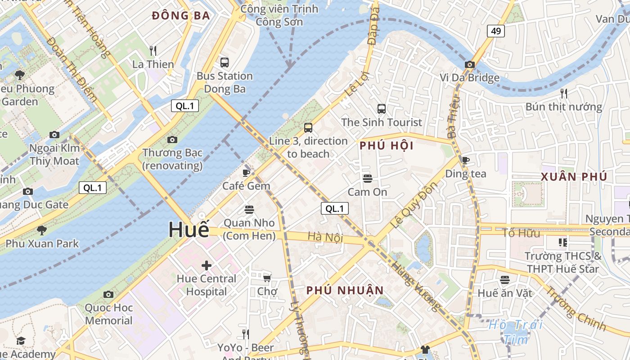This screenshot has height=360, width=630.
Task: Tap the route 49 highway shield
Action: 495,31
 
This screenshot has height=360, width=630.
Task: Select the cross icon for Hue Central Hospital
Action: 206,265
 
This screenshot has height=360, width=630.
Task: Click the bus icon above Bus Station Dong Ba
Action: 224,63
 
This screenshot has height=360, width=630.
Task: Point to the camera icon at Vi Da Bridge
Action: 469,64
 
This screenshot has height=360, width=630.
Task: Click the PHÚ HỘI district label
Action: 387,146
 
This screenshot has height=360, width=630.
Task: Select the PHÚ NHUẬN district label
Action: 345,290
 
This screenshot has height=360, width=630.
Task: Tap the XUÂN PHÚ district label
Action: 574,176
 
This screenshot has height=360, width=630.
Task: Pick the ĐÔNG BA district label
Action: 181,16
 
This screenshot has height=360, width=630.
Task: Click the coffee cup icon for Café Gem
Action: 246,173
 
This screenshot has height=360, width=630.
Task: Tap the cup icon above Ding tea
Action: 465,160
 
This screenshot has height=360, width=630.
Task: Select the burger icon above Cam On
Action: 367,179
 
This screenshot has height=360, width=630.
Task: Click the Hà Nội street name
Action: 325,237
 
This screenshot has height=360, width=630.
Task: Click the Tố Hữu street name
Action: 521,233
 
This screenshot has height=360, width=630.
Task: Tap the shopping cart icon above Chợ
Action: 267,278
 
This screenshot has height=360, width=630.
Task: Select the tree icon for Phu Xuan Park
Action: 42,230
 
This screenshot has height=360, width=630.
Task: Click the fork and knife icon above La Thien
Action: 153,50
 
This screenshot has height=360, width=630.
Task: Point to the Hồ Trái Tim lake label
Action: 516,331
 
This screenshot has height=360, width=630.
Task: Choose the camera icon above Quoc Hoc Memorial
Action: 108,294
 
